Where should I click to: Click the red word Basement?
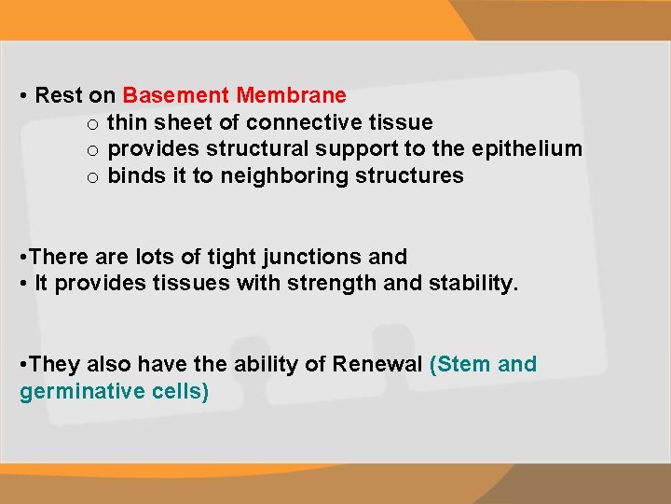tap(176, 95)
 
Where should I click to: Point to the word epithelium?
tap(527, 149)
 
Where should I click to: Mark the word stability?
tap(473, 284)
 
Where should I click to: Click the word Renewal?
tap(377, 364)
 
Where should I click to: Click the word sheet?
tap(181, 122)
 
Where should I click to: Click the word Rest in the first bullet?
tap(59, 95)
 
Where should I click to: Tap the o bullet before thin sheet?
tap(93, 123)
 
